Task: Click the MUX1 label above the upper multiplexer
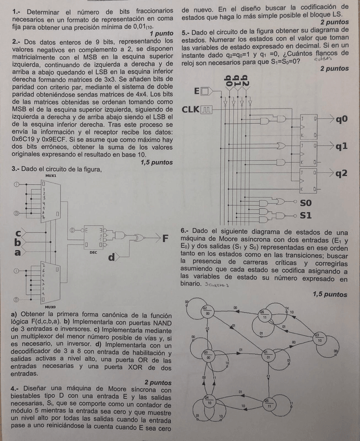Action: click(x=50, y=176)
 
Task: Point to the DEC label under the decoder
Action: click(x=93, y=252)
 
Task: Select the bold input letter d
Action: click(x=111, y=257)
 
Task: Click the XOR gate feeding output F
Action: click(x=139, y=238)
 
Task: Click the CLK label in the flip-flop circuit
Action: click(x=191, y=110)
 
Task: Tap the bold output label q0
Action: click(x=341, y=120)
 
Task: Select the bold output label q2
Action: click(x=341, y=173)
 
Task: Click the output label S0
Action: click(x=306, y=203)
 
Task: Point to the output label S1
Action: click(x=306, y=215)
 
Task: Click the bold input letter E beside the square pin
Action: click(x=196, y=92)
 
